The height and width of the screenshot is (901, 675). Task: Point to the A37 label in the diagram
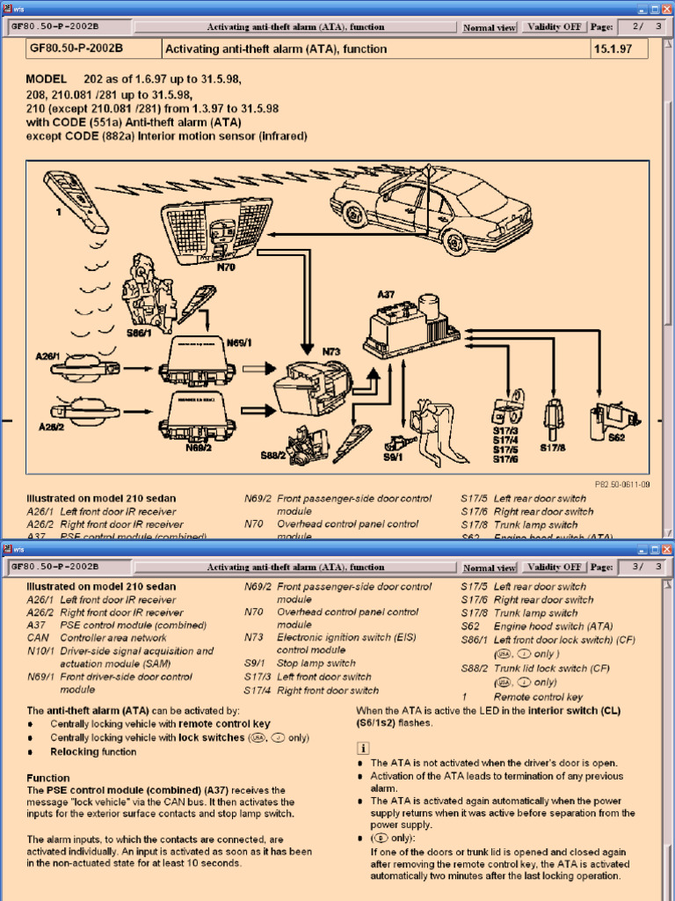(386, 296)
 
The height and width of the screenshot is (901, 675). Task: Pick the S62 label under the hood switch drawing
(616, 436)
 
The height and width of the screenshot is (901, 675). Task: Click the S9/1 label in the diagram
(393, 457)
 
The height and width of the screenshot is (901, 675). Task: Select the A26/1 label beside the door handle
(48, 356)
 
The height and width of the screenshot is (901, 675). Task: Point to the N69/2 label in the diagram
(199, 447)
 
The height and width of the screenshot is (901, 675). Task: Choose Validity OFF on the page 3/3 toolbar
(554, 568)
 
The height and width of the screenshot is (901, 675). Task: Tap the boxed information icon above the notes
(363, 748)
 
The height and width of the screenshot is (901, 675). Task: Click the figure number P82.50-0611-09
(622, 484)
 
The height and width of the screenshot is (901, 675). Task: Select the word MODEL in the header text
(46, 79)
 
